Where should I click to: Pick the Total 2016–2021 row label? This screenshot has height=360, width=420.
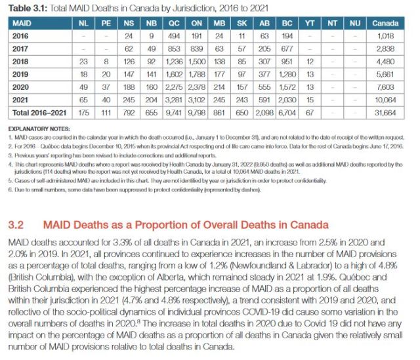point(37,112)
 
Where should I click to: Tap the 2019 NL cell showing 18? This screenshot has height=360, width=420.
point(83,75)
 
